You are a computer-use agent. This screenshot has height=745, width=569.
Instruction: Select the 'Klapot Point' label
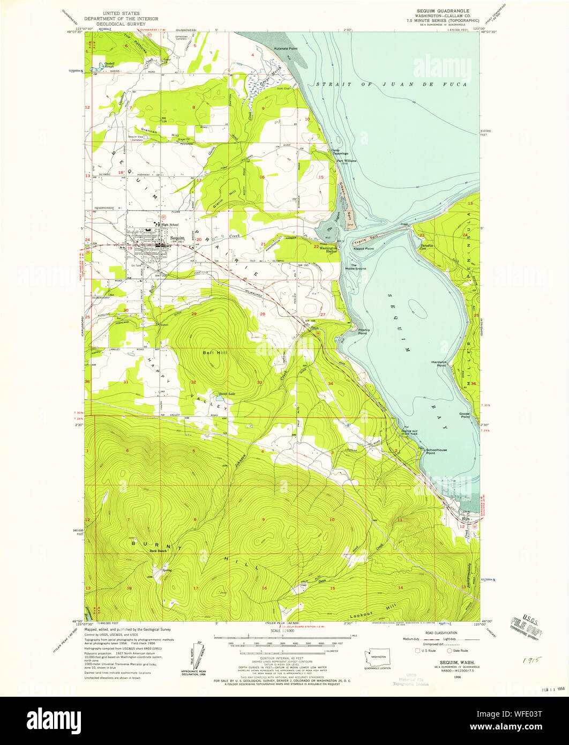[x=363, y=249]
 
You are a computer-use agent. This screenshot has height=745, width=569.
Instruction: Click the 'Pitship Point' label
[x=363, y=331]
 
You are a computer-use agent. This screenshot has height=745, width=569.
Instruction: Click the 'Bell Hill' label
[x=211, y=353]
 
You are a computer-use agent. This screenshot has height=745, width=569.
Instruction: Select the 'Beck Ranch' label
[x=159, y=550]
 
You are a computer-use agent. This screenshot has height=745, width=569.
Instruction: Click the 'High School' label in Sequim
[x=169, y=225]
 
